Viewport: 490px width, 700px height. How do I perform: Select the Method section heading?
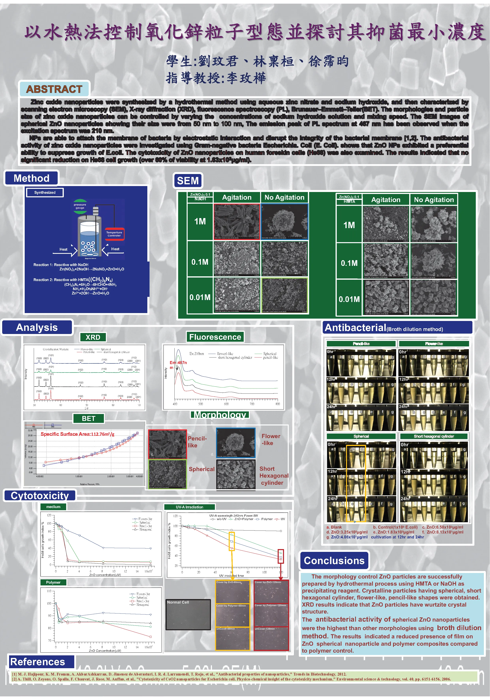pyautogui.click(x=31, y=178)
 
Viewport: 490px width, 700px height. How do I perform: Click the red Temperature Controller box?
pyautogui.click(x=114, y=234)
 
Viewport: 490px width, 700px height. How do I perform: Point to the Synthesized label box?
pyautogui.click(x=45, y=192)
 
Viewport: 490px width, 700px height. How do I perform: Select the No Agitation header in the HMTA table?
pyautogui.click(x=434, y=200)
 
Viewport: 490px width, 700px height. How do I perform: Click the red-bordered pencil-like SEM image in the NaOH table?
pyautogui.click(x=237, y=222)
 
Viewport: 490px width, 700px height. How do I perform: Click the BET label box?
pyautogui.click(x=88, y=418)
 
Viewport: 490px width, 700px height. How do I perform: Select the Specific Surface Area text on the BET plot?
pyautogui.click(x=77, y=434)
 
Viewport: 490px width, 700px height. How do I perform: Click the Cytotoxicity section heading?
pyautogui.click(x=40, y=495)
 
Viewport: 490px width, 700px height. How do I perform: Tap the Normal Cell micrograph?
pyautogui.click(x=188, y=614)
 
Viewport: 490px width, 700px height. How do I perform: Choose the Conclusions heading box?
pyautogui.click(x=334, y=560)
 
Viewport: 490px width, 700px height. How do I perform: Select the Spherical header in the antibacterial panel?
pyautogui.click(x=361, y=436)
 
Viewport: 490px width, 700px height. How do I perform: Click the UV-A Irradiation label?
pyautogui.click(x=189, y=507)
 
